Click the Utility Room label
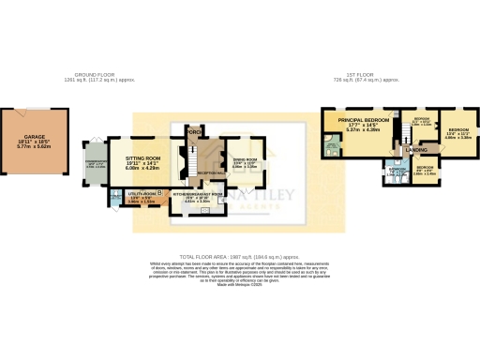tap(140, 197)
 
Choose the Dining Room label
tap(245, 163)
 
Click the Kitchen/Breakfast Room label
tap(198, 197)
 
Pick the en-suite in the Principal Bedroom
tap(333, 144)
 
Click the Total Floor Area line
tap(239, 257)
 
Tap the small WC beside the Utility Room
tap(113, 197)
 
